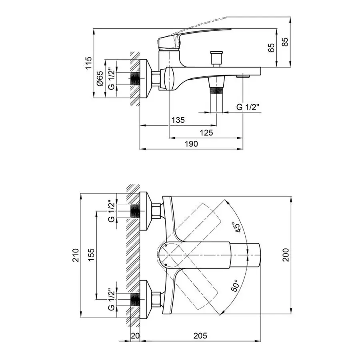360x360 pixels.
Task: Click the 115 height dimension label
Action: click(89, 63)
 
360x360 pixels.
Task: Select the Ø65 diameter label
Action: click(100, 79)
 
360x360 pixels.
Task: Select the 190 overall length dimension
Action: click(191, 144)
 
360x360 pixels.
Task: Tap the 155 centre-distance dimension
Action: click(91, 255)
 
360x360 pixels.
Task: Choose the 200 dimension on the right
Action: click(285, 255)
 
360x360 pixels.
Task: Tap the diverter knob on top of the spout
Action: click(216, 57)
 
